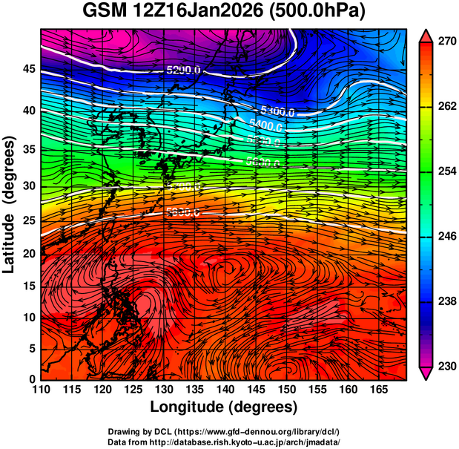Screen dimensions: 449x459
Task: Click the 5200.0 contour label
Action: pos(184,71)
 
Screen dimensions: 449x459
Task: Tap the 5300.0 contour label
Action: pos(278,112)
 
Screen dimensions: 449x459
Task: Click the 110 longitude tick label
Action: pos(41,390)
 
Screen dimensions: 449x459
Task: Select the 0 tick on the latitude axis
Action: pos(31,379)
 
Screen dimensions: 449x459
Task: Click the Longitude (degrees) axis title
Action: pos(224,407)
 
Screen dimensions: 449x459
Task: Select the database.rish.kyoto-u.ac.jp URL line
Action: pos(224,441)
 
